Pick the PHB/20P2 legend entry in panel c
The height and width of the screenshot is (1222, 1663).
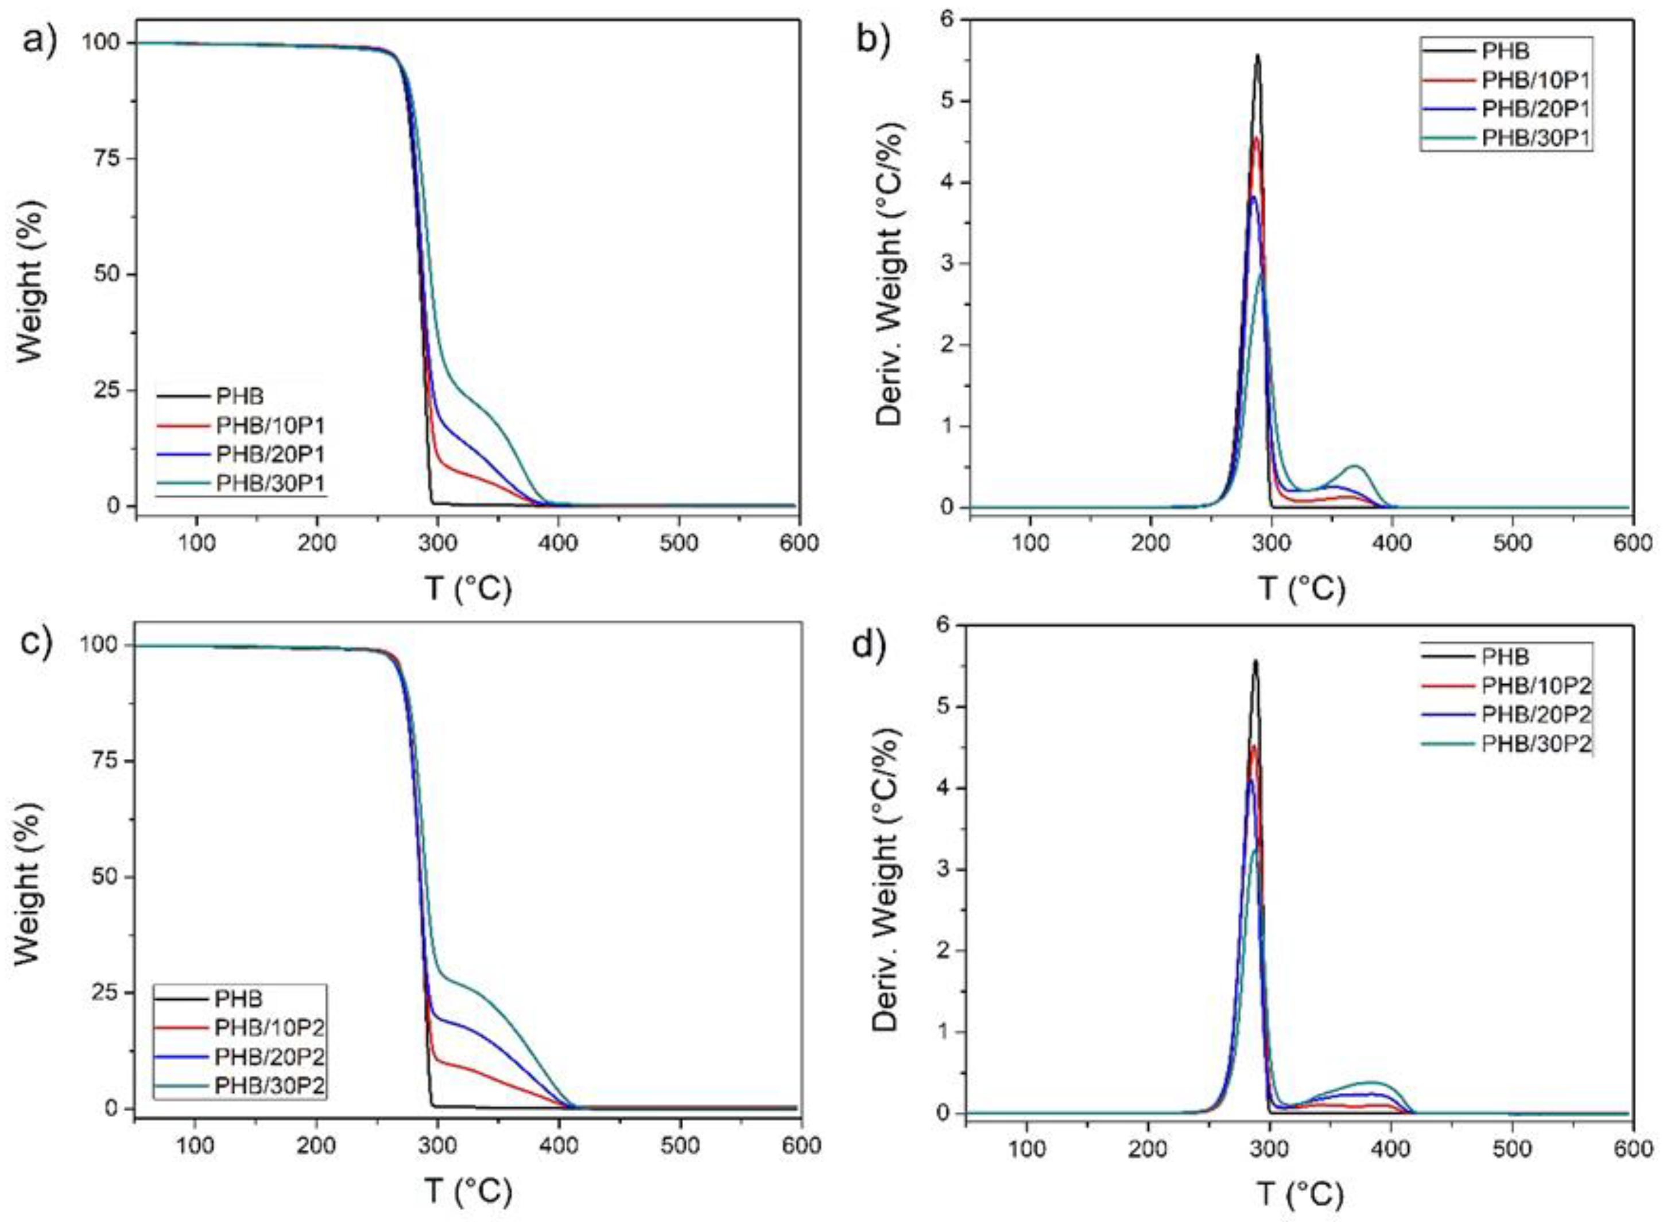(x=269, y=1056)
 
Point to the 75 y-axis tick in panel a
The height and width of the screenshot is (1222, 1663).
(x=103, y=159)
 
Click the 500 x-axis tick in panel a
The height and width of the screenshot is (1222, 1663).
(x=679, y=544)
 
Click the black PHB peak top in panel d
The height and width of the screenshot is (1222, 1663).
(x=1255, y=661)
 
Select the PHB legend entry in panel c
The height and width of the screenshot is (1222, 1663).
(x=238, y=999)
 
